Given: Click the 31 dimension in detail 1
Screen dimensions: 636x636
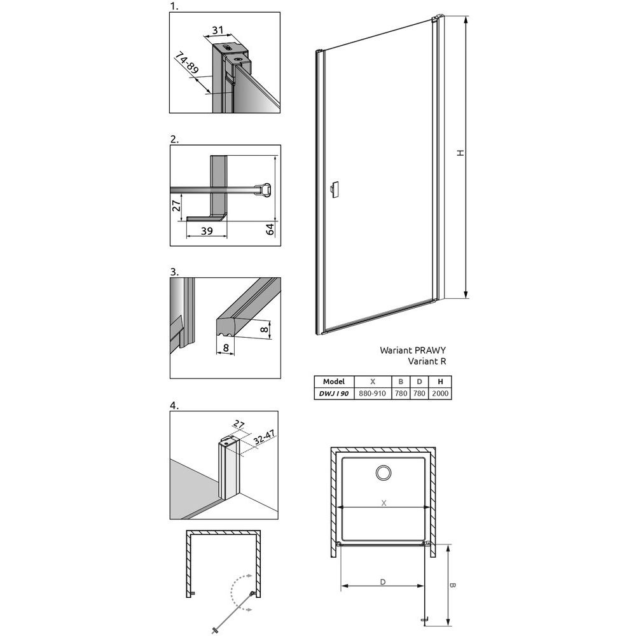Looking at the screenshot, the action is [x=218, y=30].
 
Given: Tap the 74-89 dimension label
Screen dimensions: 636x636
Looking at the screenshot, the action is [x=187, y=63].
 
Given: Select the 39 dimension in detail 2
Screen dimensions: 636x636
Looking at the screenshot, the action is [x=207, y=231].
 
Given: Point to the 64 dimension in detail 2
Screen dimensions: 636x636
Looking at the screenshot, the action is [x=270, y=229].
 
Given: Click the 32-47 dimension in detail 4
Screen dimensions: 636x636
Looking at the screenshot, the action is [x=264, y=438].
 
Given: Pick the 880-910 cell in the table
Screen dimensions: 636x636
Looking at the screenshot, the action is [x=372, y=394].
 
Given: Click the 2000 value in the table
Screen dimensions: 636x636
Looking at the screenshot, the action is [x=440, y=394].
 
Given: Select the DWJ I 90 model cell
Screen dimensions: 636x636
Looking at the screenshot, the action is [x=334, y=394].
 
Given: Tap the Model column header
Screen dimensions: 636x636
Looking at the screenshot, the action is [x=334, y=382].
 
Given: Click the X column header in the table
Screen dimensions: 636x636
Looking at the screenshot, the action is [x=373, y=382].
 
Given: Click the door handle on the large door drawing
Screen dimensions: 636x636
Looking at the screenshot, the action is [x=335, y=190].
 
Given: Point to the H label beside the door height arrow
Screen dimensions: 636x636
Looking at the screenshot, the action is [x=460, y=153].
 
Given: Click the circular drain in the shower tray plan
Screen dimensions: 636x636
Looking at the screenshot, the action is [x=384, y=473].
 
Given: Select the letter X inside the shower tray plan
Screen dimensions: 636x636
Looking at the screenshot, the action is [x=384, y=503].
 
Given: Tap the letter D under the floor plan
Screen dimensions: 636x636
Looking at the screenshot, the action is [x=383, y=582].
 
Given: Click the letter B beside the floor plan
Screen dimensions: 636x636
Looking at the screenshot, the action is [x=453, y=585].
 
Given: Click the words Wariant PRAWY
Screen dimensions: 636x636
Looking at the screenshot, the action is [x=413, y=350].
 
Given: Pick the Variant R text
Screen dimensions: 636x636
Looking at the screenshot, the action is [x=427, y=361].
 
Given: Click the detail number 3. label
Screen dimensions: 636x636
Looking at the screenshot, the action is [x=174, y=272].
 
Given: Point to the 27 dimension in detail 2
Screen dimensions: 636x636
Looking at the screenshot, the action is [x=176, y=205].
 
